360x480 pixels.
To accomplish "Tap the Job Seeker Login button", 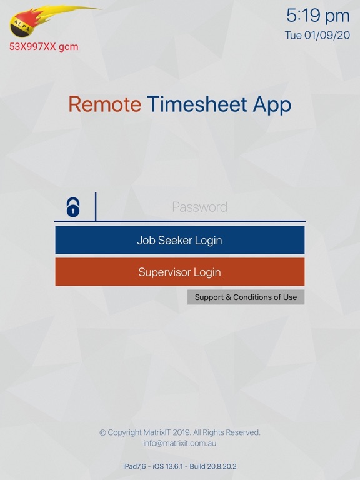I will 179,240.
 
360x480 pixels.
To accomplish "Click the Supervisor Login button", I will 179,272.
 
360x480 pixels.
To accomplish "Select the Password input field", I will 200,207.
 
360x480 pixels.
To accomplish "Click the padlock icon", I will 74,207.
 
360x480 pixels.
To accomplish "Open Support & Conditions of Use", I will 246,297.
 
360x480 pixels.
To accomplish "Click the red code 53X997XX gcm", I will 44,47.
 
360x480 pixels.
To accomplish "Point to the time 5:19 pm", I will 317,15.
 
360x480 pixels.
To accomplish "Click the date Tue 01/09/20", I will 317,35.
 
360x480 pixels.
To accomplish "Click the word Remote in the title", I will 105,104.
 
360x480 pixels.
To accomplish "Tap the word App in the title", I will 272,104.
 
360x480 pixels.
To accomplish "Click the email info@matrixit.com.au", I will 179,443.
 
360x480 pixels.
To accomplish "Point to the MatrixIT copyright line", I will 179,432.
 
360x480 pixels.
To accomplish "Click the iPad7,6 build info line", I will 179,466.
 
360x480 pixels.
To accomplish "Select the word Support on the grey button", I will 209,297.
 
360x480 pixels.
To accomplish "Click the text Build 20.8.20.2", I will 216,466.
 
